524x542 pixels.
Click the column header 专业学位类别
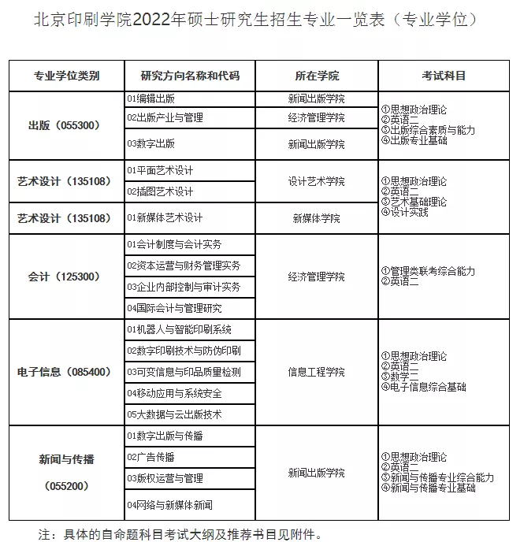click(66, 76)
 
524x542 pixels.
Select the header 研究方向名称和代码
click(189, 76)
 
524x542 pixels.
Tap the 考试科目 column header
click(444, 76)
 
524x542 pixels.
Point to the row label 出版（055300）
click(65, 125)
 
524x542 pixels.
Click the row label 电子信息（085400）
click(65, 372)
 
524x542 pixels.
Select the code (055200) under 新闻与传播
click(65, 486)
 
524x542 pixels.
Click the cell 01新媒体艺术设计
click(165, 218)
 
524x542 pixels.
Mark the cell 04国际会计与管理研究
click(174, 308)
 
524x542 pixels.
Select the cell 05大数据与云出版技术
click(174, 414)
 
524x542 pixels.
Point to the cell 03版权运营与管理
click(165, 478)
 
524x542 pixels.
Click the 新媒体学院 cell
click(316, 218)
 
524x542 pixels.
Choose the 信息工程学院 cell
click(316, 372)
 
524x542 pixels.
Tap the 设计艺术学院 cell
click(316, 181)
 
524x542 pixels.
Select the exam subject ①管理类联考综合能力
click(428, 272)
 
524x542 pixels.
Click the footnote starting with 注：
click(180, 533)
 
